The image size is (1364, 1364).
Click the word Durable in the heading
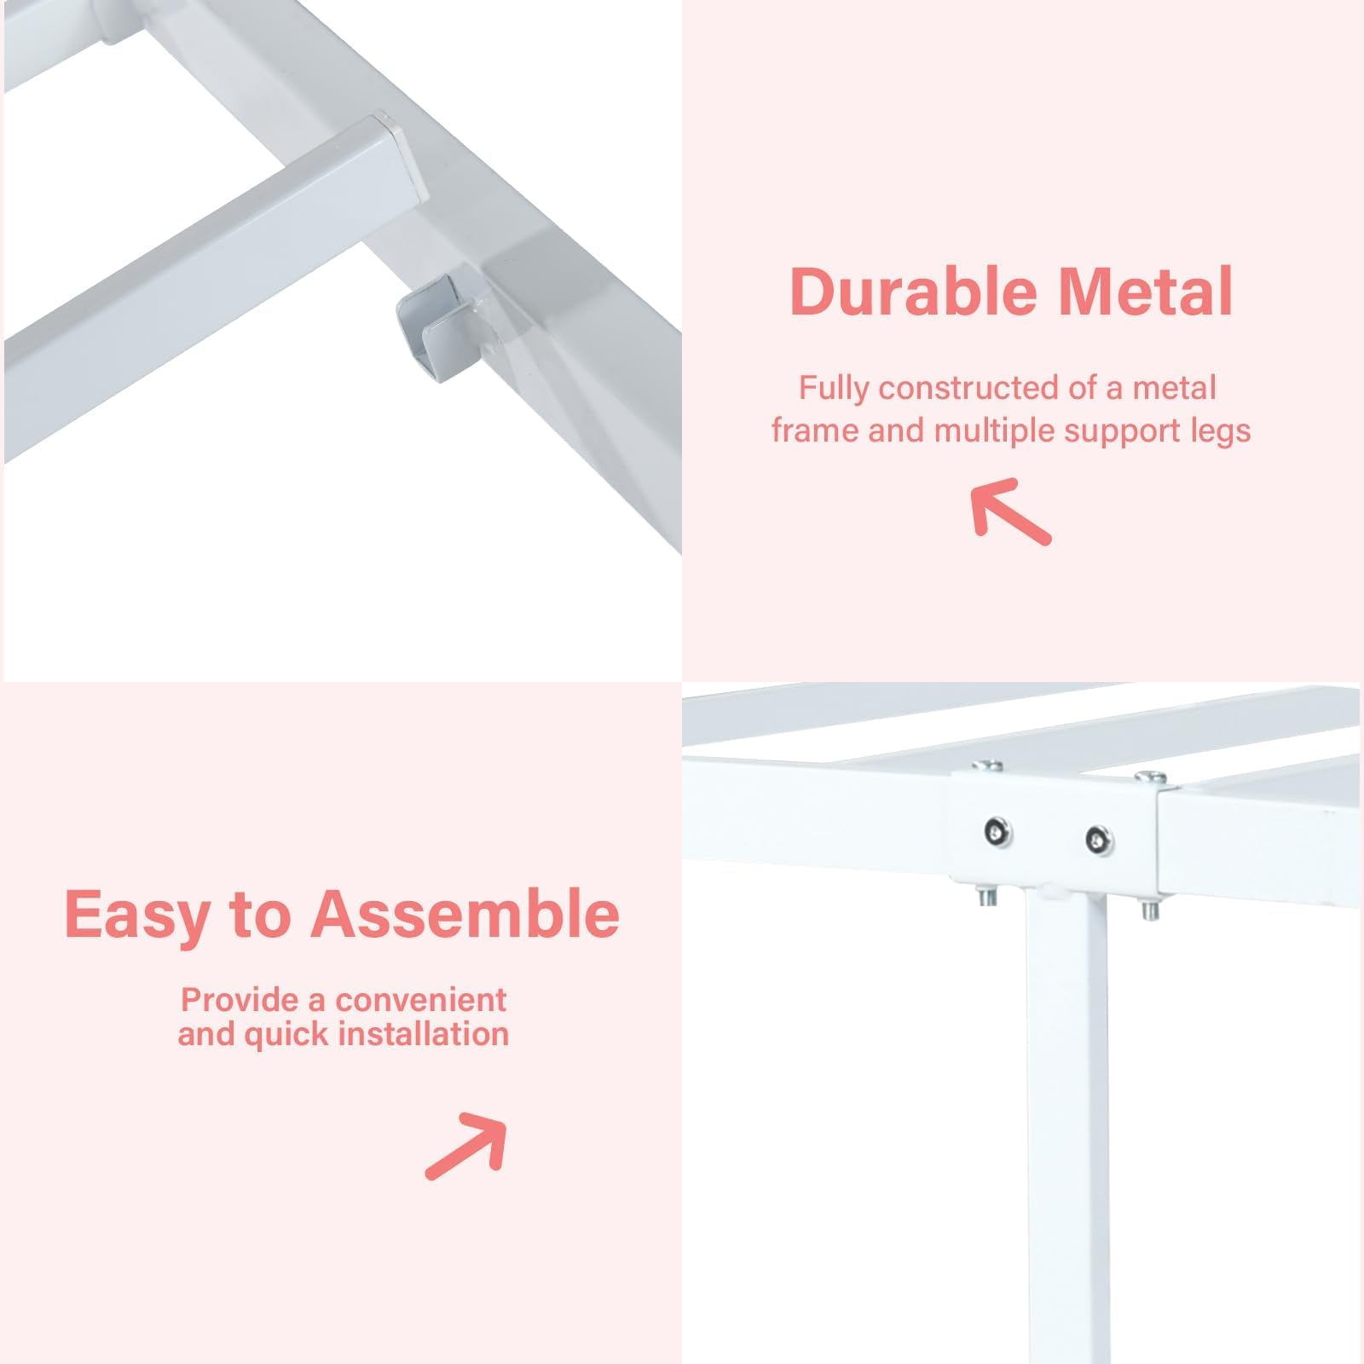tap(913, 292)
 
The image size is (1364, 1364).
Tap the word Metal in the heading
tap(1146, 292)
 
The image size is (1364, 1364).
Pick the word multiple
tap(995, 431)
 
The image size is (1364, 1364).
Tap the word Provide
tap(240, 999)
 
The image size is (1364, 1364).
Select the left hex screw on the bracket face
tap(997, 831)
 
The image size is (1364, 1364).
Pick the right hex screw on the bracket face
tap(1099, 840)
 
